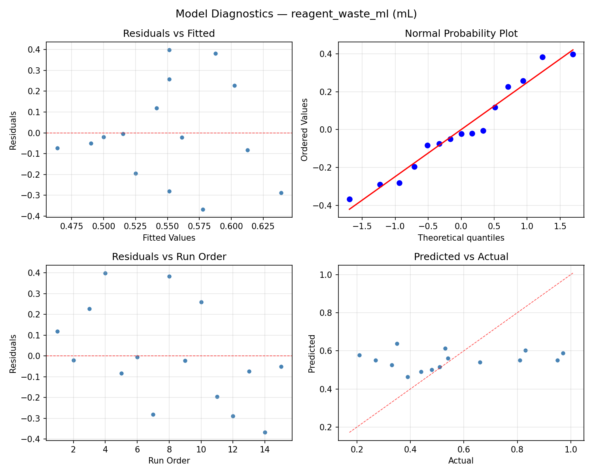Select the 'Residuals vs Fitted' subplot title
click(169, 34)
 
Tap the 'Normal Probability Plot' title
click(461, 34)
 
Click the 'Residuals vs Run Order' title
click(169, 257)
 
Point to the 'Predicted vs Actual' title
click(461, 257)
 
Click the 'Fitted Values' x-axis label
click(169, 238)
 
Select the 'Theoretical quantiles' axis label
click(461, 238)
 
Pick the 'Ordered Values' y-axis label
click(304, 129)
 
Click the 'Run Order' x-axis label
click(169, 461)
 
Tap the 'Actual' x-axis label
click(461, 461)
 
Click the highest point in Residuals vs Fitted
click(169, 50)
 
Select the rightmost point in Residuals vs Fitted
click(281, 193)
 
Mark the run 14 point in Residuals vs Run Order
click(265, 432)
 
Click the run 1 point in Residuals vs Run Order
click(57, 331)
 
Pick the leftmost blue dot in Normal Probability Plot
click(349, 199)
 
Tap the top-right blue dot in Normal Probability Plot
click(573, 54)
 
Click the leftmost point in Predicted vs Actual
click(359, 355)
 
